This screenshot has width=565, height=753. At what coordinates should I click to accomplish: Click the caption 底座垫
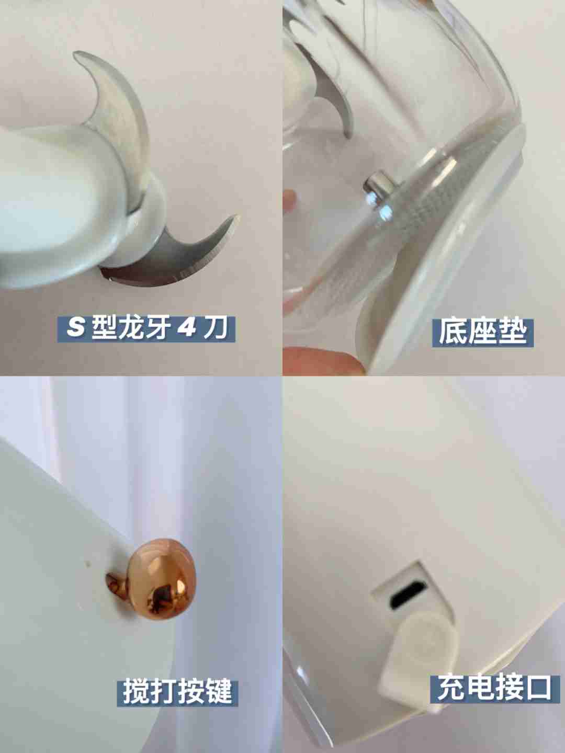click(x=482, y=333)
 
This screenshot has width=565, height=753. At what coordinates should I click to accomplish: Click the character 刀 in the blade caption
click(x=215, y=329)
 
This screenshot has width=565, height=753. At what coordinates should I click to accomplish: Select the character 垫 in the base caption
click(x=511, y=333)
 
